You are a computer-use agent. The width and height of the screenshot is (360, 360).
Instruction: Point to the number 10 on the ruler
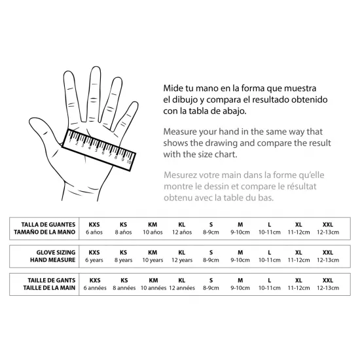click(129, 162)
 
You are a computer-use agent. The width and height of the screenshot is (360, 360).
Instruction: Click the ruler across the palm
click(99, 150)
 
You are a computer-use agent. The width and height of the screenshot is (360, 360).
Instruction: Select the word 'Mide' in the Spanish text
click(172, 88)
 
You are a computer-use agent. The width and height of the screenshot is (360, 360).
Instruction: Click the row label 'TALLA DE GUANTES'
click(48, 225)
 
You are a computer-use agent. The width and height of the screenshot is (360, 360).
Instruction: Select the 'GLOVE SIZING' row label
click(56, 252)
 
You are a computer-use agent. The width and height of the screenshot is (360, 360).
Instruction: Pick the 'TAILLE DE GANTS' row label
click(52, 280)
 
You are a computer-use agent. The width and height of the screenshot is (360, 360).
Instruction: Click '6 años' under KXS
click(94, 232)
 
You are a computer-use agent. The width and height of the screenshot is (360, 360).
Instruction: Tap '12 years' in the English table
click(182, 260)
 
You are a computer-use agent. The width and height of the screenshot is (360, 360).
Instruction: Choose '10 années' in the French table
click(153, 288)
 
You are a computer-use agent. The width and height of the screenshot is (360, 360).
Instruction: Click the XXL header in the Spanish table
click(328, 225)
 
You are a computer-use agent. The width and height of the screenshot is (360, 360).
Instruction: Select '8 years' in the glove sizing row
click(123, 260)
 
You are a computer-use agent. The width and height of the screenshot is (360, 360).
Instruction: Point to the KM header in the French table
click(153, 280)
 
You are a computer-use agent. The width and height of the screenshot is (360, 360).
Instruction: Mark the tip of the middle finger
click(96, 67)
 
